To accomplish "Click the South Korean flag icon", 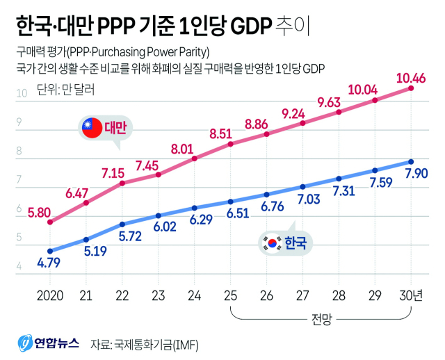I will [268, 243].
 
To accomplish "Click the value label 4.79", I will [49, 263].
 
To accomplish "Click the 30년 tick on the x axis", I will [413, 295].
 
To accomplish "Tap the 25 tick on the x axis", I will [230, 295].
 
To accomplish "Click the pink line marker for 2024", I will [195, 158].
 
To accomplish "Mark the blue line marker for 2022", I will [122, 224].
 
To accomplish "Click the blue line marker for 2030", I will [411, 162].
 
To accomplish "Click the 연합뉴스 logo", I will [47, 343].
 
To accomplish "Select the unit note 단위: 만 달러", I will [56, 89].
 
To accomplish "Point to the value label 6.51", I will [231, 213].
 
